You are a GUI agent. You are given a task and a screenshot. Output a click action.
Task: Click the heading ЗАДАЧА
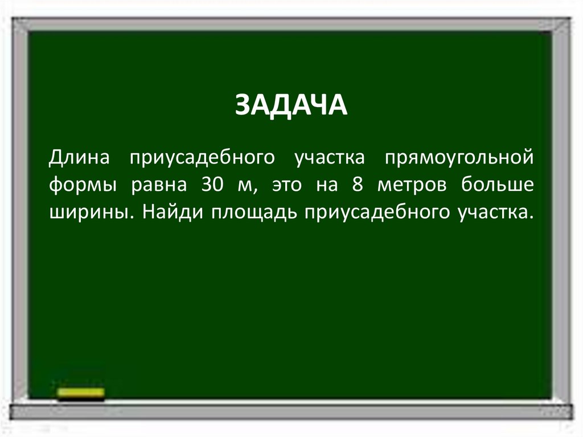pos(291,106)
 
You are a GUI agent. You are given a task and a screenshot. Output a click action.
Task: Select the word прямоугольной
pos(460,157)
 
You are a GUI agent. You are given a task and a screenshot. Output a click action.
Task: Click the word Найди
pos(173,213)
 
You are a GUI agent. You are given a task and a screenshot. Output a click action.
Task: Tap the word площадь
pos(255,213)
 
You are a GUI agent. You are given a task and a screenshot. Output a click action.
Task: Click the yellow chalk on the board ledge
pos(81,393)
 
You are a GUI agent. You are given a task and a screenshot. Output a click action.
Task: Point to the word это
pos(286,185)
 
